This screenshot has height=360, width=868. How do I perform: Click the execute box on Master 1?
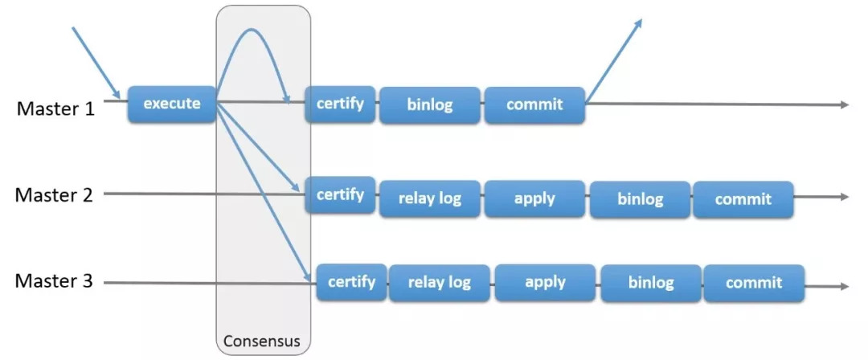(x=172, y=104)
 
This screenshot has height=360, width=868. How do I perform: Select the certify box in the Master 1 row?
(x=341, y=104)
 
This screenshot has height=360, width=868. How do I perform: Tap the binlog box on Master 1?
(x=429, y=104)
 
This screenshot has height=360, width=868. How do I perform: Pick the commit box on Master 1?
(x=534, y=104)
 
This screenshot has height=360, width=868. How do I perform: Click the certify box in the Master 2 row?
(x=341, y=195)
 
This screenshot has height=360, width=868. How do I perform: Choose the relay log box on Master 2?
(x=429, y=198)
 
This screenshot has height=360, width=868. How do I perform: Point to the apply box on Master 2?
(x=534, y=198)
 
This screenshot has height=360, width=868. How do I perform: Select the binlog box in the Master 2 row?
(x=641, y=199)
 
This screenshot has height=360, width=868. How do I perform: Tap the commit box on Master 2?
(x=743, y=199)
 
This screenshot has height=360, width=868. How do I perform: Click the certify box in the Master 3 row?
(x=351, y=282)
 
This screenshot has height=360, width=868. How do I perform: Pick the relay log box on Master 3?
(x=440, y=283)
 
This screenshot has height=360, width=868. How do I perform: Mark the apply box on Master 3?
(x=545, y=283)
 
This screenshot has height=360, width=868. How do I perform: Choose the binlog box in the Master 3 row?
(x=651, y=284)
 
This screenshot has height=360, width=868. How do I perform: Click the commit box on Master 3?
(x=754, y=283)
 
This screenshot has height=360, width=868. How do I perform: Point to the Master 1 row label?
(x=55, y=108)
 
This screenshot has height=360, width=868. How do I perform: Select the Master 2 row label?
(x=55, y=195)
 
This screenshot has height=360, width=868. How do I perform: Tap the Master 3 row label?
(x=55, y=281)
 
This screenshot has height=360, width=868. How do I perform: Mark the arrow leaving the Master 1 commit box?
(x=614, y=61)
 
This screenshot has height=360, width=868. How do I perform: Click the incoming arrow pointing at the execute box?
(x=97, y=62)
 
